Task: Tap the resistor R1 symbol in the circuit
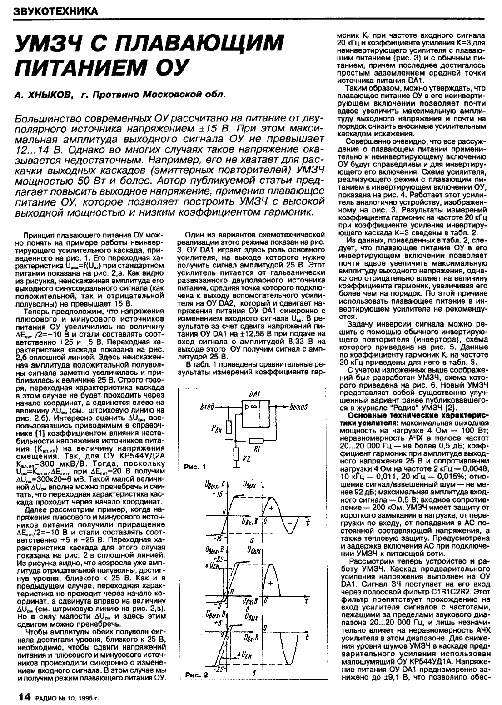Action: tap(256, 440)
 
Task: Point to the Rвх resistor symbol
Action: tap(230, 428)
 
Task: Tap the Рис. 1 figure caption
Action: tap(195, 467)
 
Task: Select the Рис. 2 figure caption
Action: tap(196, 688)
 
